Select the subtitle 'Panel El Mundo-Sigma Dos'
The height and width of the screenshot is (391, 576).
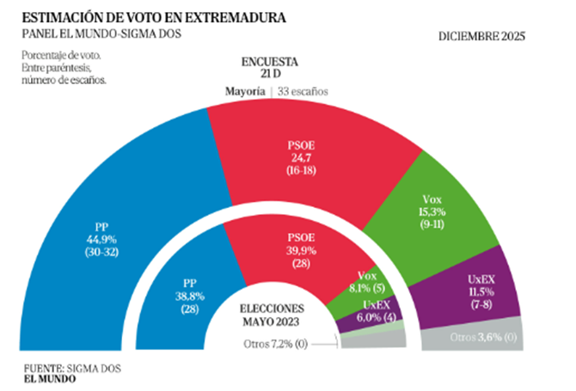(x=104, y=34)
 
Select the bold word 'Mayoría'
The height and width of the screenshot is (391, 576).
(x=245, y=92)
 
